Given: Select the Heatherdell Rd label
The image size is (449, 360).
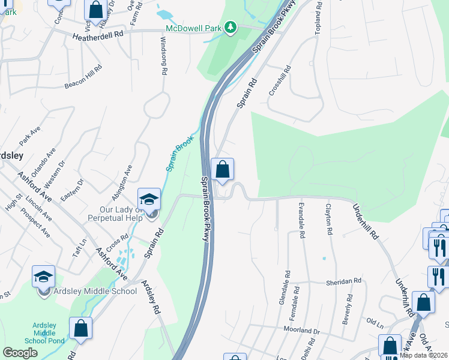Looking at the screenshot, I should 97,35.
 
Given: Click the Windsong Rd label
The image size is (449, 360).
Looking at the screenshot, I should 163,55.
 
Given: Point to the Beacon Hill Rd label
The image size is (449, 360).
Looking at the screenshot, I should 83,77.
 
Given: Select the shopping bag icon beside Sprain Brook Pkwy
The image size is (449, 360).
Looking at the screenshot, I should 223,169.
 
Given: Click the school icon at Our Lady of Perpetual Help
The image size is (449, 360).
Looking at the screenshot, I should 149,199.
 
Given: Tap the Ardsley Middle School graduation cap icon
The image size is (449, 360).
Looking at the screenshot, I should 43,277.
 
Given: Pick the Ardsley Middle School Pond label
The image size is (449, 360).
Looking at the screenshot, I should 44,333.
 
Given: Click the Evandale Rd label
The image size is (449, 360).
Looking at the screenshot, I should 301,220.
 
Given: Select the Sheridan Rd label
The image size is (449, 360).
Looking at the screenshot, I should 344,280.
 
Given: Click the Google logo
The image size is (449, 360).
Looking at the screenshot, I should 20,353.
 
